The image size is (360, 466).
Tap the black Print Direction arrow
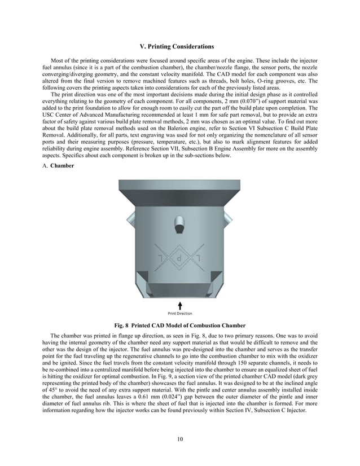point(180,306)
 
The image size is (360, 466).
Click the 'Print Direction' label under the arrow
point(180,314)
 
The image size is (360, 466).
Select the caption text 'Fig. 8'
point(124,326)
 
